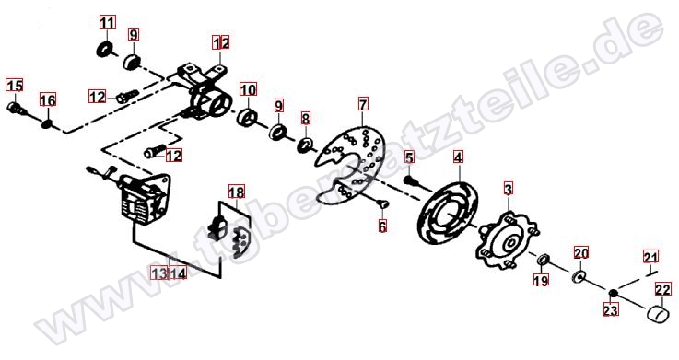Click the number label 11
pos(108,21)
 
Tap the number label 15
pos(15,85)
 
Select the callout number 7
pos(363,104)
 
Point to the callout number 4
pos(458,157)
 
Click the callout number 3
pos(508,189)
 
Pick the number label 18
pos(237,192)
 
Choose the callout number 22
pos(663,289)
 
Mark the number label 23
pos(611,309)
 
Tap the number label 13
pos(159,273)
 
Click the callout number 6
pos(382,226)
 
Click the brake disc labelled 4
pos(449,215)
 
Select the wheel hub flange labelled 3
pos(508,241)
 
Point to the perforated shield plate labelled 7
pos(350,166)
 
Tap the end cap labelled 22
pos(658,314)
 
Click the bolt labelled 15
pos(17,109)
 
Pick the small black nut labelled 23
pos(613,294)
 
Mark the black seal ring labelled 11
pos(104,50)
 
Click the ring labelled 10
pos(248,118)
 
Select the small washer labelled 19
pos(543,261)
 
